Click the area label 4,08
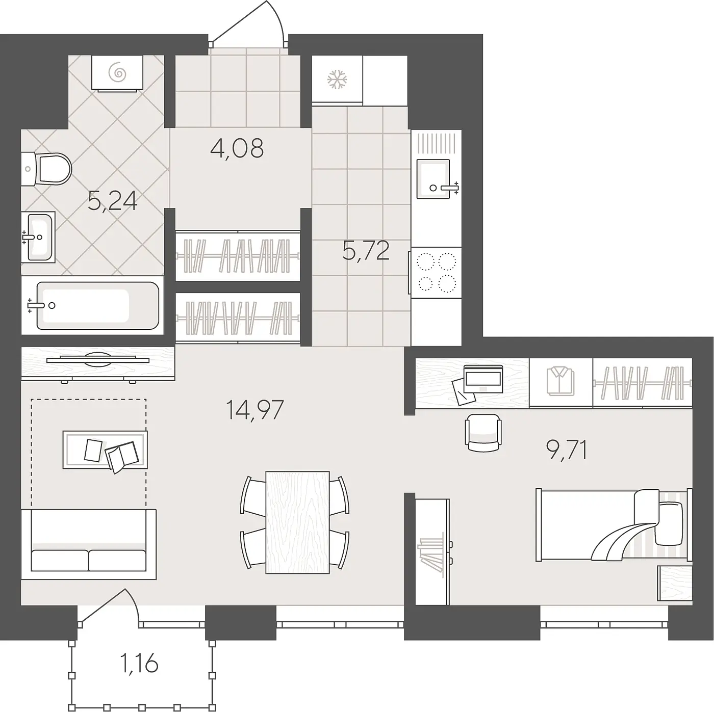pos(237,148)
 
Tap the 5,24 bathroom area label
pos(113,201)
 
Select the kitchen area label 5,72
pos(366,250)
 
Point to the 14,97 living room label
pos(254,410)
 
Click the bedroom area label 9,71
pos(566,450)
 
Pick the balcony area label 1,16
pos(139,663)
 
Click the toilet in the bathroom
pos(46,169)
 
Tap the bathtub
pos(93,306)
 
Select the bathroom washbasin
pos(38,237)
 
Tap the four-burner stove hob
pos(436,273)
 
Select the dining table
pos(297,522)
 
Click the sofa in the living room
pos(89,544)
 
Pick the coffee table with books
pos(105,450)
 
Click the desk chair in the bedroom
pos(483,432)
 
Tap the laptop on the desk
pos(483,379)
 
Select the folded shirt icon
pos(560,381)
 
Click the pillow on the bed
pos(669,523)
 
